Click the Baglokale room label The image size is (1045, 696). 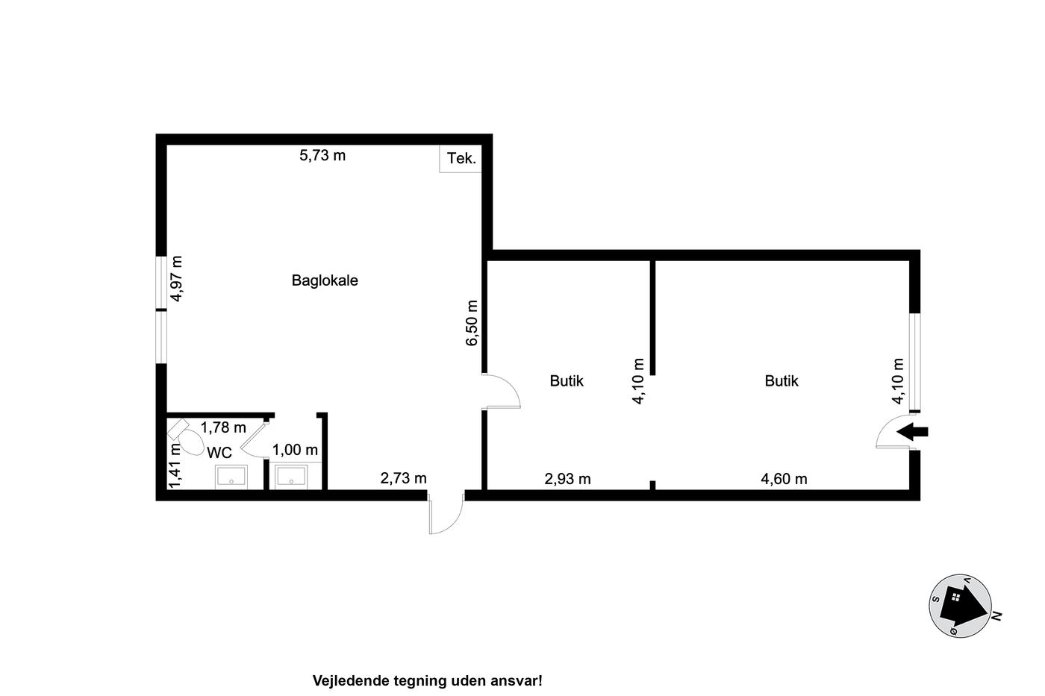325,280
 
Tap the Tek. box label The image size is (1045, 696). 461,158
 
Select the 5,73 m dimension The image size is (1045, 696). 322,155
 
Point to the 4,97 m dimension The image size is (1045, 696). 176,279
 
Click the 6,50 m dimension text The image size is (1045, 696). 472,323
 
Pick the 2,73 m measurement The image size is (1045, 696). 404,478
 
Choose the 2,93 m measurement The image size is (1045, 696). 568,479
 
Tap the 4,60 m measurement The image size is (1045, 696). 784,479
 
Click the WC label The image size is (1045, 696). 219,452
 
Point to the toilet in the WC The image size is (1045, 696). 186,437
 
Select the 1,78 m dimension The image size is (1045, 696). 223,427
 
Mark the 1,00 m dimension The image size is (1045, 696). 296,450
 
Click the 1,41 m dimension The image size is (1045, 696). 175,465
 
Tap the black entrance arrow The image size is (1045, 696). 912,432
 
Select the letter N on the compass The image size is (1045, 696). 997,616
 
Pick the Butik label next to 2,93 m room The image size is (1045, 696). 567,381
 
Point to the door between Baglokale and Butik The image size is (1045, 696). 501,391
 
